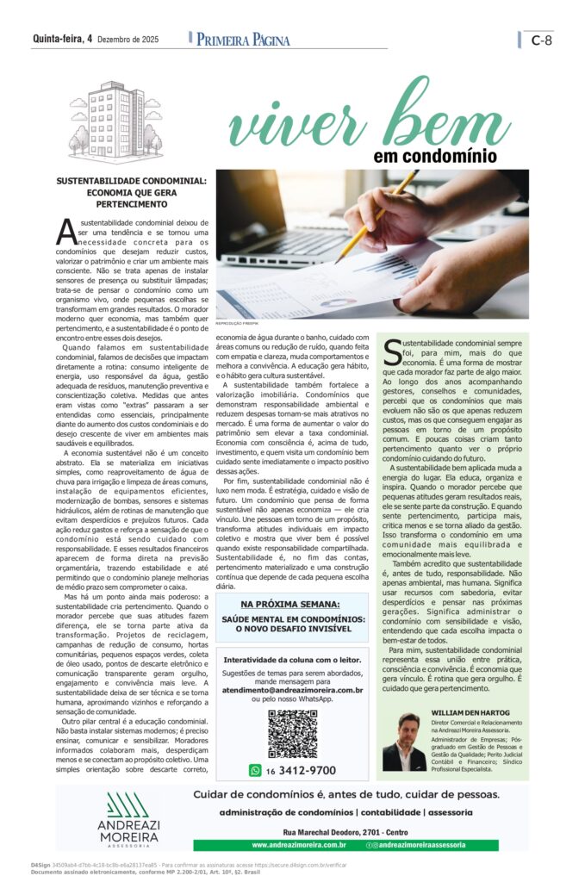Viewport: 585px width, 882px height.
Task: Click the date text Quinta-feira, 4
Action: (x=62, y=39)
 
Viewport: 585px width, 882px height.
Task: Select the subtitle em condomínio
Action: (x=447, y=157)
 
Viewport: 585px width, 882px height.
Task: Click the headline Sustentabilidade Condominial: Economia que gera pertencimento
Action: (x=131, y=194)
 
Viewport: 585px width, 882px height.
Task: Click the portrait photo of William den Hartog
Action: (x=404, y=742)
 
